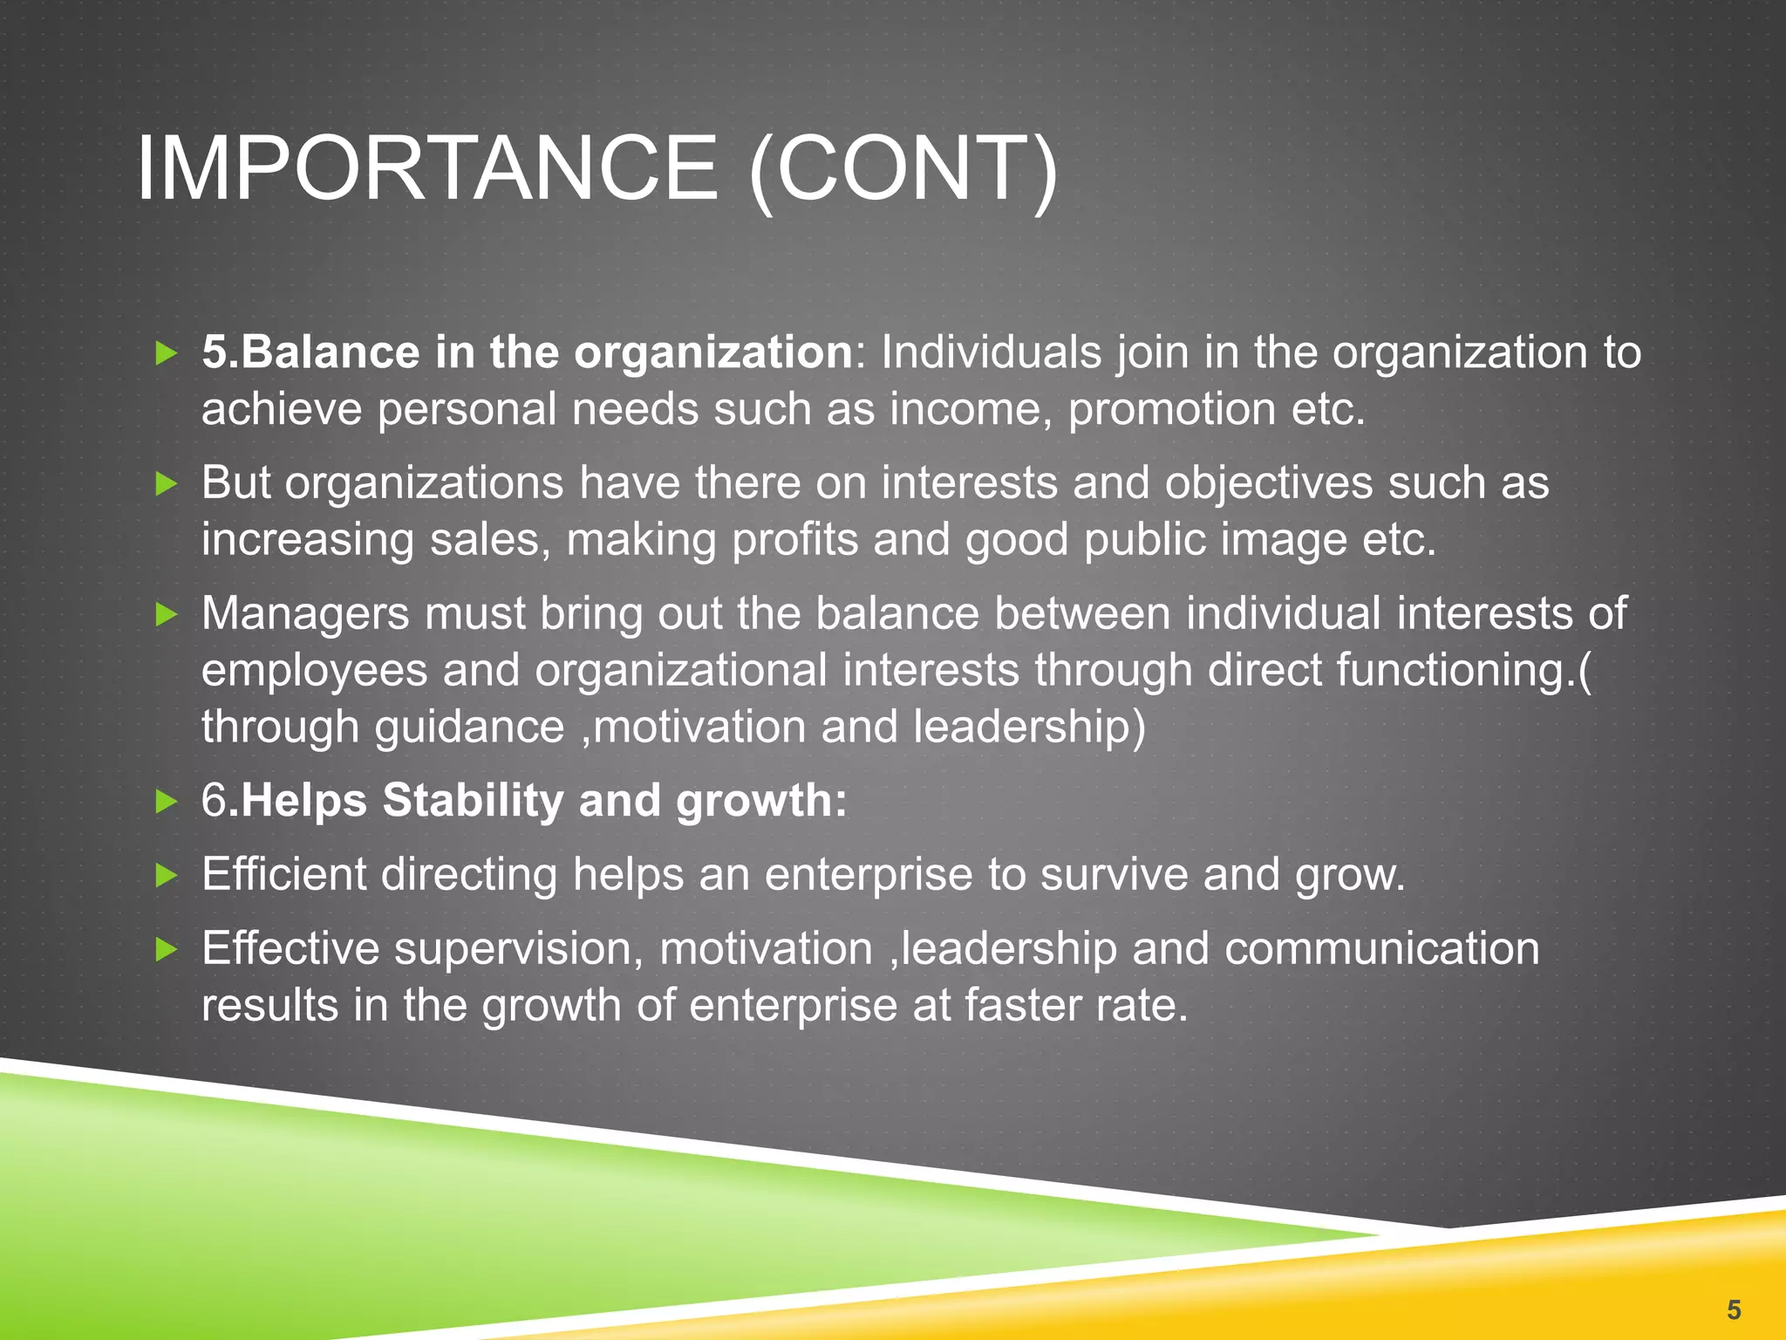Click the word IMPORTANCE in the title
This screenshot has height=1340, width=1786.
tap(427, 168)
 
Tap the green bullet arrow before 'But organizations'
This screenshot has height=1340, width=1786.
tap(166, 483)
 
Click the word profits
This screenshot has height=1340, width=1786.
tap(794, 539)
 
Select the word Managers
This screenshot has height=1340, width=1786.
tap(305, 613)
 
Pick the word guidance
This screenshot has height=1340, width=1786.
tap(470, 727)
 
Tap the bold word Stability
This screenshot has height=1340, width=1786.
tap(474, 800)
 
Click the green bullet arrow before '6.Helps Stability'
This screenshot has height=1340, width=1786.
tap(166, 801)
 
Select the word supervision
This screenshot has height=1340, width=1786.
tap(518, 948)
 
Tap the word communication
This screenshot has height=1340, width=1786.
tap(1381, 948)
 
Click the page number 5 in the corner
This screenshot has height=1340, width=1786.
tap(1734, 1309)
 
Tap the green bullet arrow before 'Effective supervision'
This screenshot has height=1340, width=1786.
tap(166, 949)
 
